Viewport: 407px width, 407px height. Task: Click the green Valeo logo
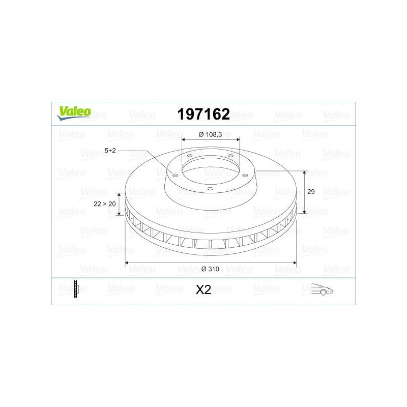pos(74,113)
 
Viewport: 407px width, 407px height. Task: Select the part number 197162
pos(203,114)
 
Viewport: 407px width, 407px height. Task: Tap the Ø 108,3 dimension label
pos(210,134)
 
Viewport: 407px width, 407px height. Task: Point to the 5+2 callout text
pos(110,150)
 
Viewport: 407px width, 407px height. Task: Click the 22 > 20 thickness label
pos(105,204)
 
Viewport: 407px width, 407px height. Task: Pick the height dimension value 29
pos(311,192)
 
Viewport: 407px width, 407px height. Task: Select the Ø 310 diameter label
pos(210,269)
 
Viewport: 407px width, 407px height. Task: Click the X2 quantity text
pos(203,289)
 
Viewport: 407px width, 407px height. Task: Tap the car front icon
pos(322,289)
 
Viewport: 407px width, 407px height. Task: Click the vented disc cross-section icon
pos(76,289)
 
